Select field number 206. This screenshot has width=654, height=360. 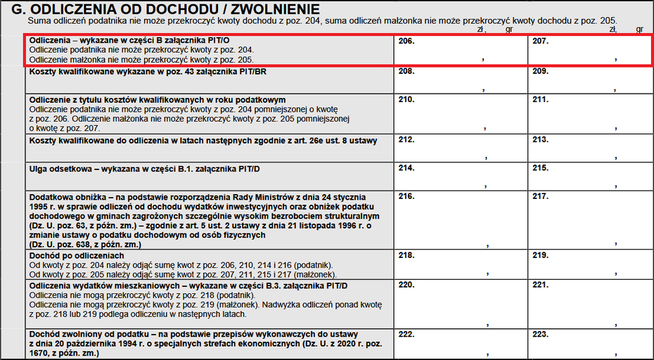[x=461, y=50]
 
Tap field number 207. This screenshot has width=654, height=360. [x=589, y=50]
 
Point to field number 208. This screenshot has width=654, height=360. [x=461, y=80]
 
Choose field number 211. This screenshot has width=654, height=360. [x=589, y=114]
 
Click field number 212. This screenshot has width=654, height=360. [x=461, y=148]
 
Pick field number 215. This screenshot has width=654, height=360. [x=589, y=176]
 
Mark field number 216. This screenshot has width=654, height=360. [x=461, y=219]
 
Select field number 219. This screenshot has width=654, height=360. [x=589, y=265]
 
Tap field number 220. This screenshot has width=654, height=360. [x=461, y=304]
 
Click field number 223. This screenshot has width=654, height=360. [x=589, y=343]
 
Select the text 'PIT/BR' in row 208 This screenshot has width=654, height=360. [x=252, y=72]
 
